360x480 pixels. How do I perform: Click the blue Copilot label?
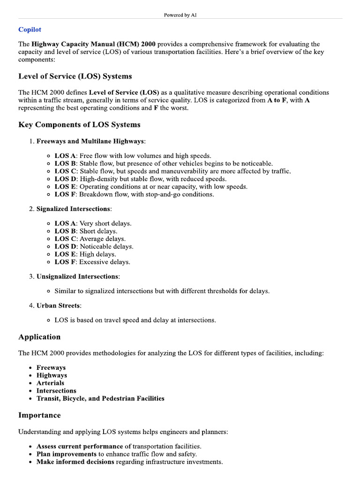pos(30,30)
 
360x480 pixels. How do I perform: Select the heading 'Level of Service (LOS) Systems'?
pos(75,76)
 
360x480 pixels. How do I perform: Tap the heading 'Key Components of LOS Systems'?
pos(79,125)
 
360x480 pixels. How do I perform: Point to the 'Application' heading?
pos(39,337)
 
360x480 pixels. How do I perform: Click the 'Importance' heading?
pos(39,415)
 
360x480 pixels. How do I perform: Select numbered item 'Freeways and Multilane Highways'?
pos(91,141)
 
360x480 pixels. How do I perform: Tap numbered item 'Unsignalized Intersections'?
pos(78,277)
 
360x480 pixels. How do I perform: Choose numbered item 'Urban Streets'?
pos(59,306)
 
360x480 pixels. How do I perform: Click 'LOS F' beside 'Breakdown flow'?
pos(65,194)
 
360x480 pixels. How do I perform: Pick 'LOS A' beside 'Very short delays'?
pos(65,224)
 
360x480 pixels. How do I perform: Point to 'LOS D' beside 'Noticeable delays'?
pos(65,247)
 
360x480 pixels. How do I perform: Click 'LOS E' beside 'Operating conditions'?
pos(65,187)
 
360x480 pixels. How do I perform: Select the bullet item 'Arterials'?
pos(50,383)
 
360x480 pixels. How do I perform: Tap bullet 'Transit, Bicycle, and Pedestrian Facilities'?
pos(100,398)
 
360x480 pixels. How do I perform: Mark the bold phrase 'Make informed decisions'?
pos(75,462)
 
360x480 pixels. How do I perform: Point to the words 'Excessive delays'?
pos(105,262)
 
